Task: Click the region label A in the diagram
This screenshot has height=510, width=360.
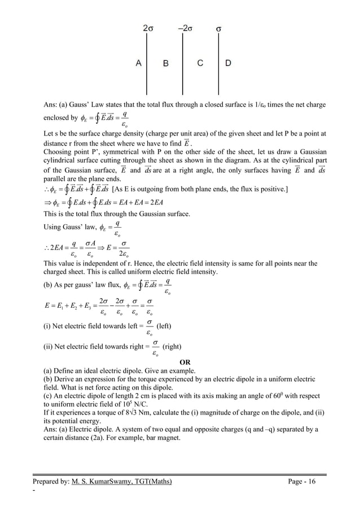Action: coord(138,63)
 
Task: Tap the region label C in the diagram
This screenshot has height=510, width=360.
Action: coord(200,63)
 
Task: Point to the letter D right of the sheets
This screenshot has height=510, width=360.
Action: coord(227,63)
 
